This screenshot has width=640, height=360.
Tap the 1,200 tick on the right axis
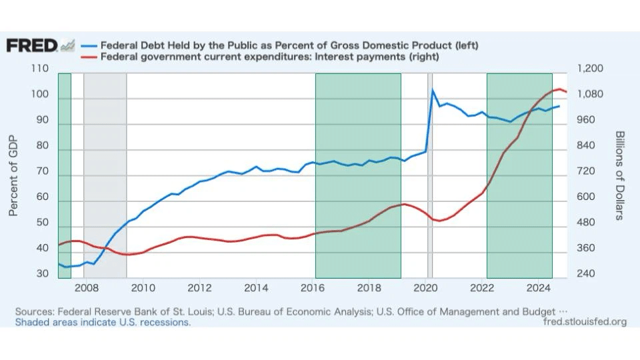pos(589,69)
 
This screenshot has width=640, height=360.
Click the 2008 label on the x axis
pos(86,288)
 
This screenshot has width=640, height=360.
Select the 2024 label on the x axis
pos(537,288)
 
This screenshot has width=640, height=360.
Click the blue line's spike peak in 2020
pos(432,89)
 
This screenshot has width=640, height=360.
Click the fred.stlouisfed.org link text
pos(585,322)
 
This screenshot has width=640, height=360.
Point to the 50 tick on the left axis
pos(42,222)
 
